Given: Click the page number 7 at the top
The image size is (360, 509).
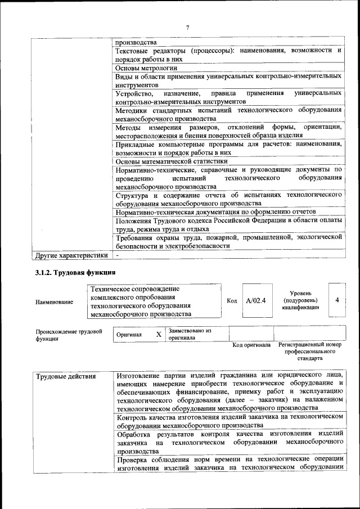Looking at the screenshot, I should point(187,27).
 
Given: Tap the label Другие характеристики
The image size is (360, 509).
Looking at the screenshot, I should point(71,255).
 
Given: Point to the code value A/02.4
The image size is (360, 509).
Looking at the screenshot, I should point(255,301).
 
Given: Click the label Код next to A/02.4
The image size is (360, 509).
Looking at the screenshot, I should point(232,301).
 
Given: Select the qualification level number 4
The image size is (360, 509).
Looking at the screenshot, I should point(337,300).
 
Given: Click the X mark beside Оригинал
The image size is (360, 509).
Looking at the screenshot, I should point(159,335).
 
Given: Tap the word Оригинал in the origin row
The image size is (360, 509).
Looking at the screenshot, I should point(129,335).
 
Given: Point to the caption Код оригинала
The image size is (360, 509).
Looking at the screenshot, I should point(251,345).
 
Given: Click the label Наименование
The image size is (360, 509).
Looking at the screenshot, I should point(54,302).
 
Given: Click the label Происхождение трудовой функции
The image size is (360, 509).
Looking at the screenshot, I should point(69,335).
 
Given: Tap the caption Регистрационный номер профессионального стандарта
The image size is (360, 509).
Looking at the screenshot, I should point(310,351).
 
